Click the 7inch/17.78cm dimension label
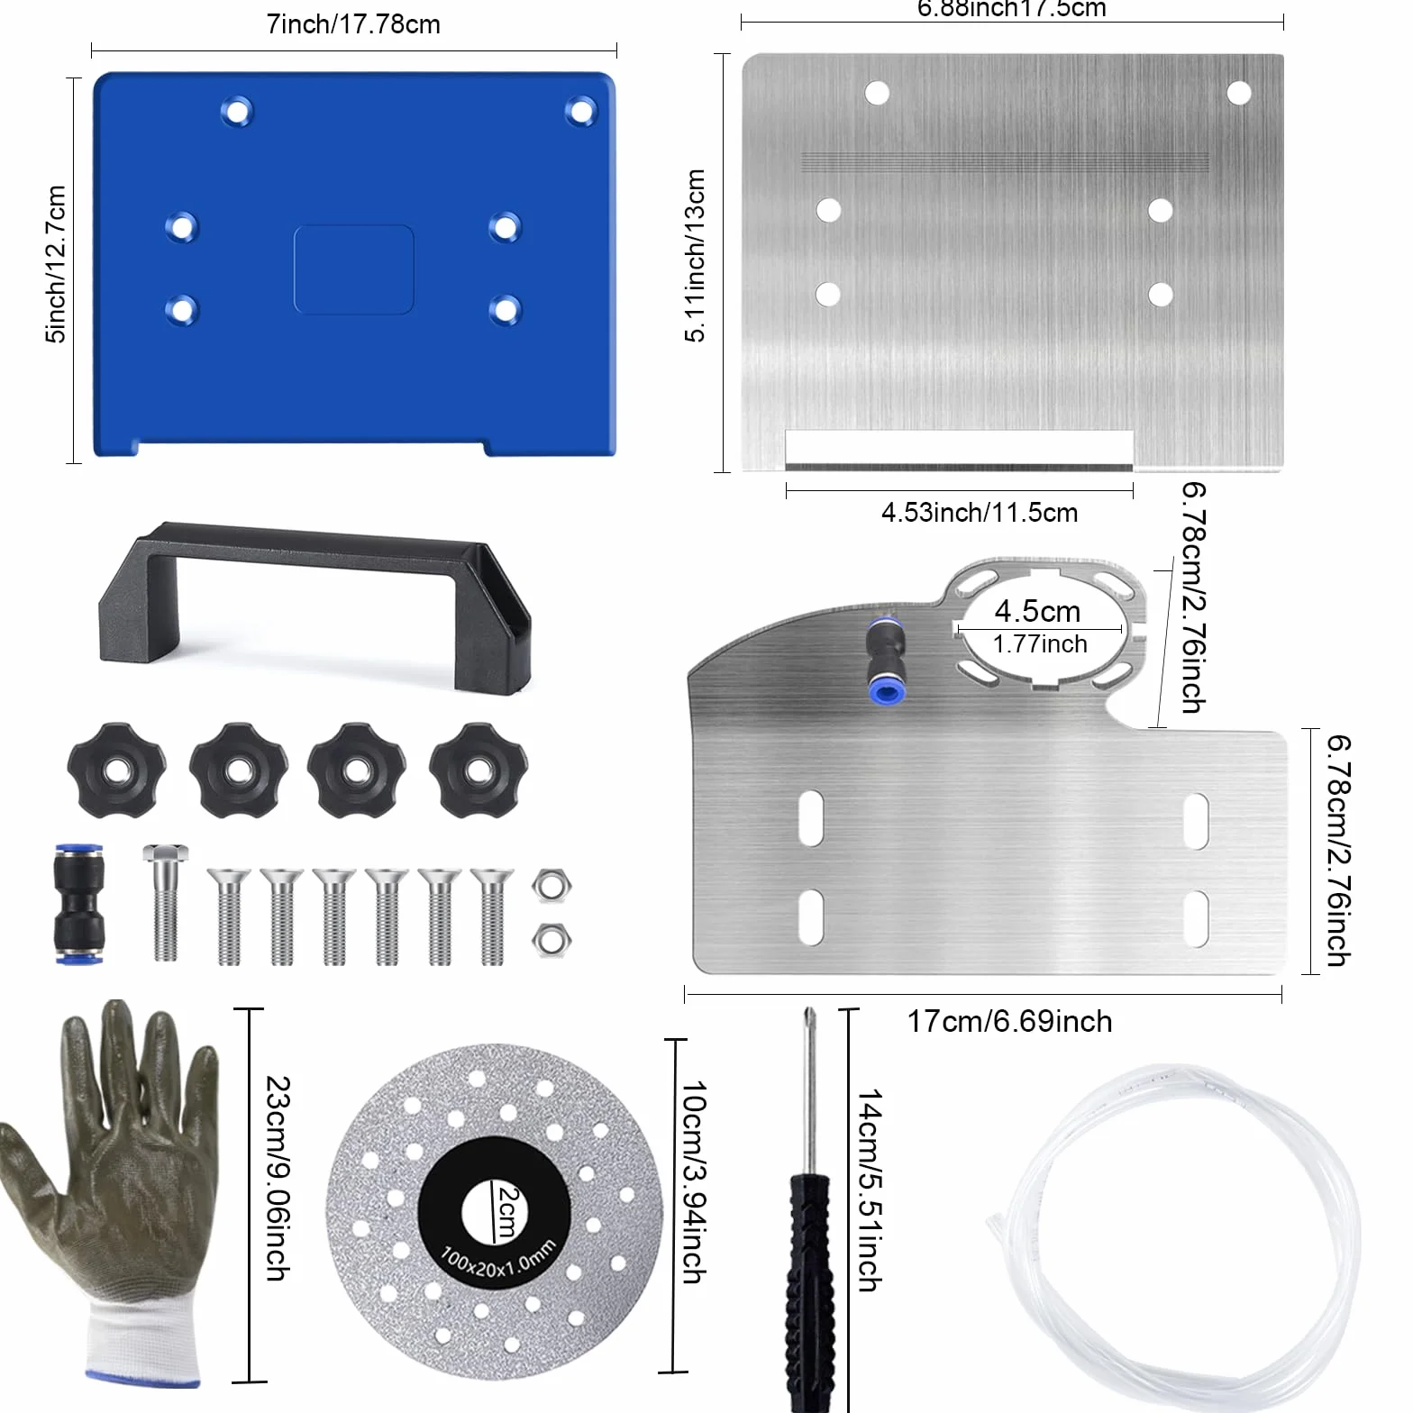coord(353,24)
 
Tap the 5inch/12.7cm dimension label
coord(56,264)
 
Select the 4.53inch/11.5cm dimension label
coord(980,513)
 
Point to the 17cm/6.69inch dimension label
coord(1009,1022)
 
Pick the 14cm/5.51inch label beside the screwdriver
coord(870,1190)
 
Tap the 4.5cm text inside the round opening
coord(1037,611)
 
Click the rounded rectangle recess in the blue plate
coord(354,269)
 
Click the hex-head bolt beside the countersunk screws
coord(165,902)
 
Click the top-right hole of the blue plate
coord(581,112)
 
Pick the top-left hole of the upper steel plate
coord(877,93)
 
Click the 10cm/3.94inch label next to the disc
coord(693,1182)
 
